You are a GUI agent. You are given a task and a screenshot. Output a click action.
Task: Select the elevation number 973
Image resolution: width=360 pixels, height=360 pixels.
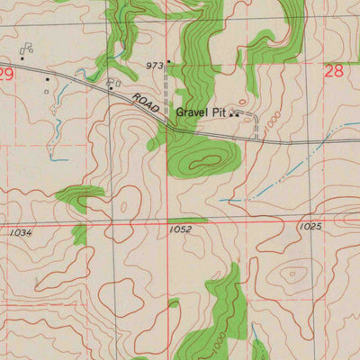pyautogui.click(x=155, y=66)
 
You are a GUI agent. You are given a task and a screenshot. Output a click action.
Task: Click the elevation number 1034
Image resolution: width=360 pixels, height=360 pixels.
pyautogui.click(x=22, y=232)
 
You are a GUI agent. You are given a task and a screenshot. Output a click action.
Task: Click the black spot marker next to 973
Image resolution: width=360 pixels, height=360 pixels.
pyautogui.click(x=168, y=62)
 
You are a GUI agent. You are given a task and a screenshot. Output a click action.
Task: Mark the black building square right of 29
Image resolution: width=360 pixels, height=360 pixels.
pyautogui.click(x=48, y=78)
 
